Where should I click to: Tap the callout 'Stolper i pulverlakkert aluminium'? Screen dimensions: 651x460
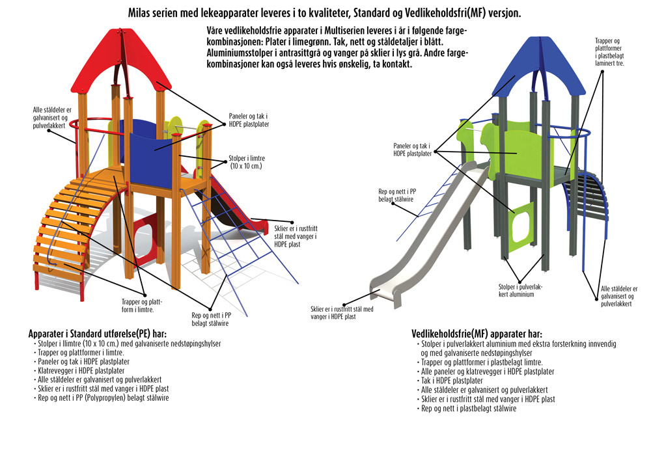point(516,290)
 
